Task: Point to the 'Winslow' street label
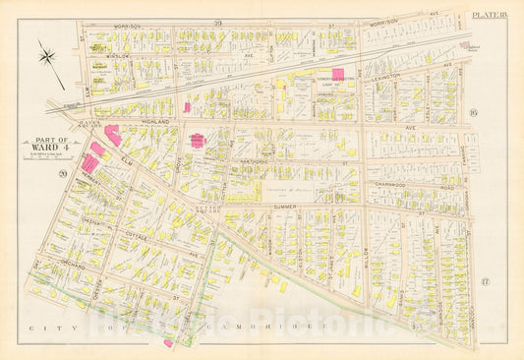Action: click(x=120, y=57)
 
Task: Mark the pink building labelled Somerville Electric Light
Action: click(x=338, y=74)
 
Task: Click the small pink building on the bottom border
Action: click(x=168, y=342)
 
